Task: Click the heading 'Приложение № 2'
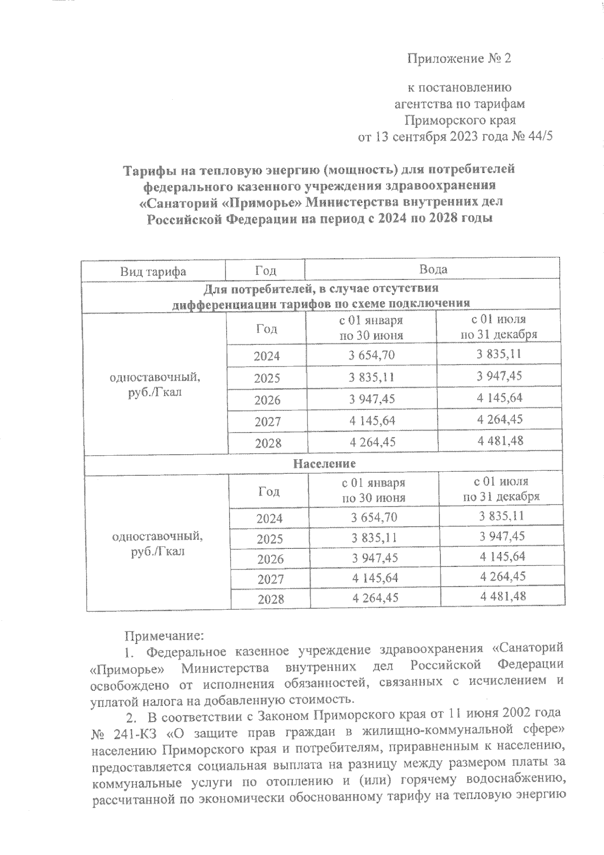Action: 459,59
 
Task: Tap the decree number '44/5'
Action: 541,137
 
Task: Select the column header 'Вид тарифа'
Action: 153,271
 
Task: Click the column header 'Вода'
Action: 433,269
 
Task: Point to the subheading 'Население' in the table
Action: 324,463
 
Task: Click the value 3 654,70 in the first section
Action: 371,355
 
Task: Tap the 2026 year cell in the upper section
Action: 267,400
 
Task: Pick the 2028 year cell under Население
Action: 270,599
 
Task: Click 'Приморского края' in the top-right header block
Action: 460,120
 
